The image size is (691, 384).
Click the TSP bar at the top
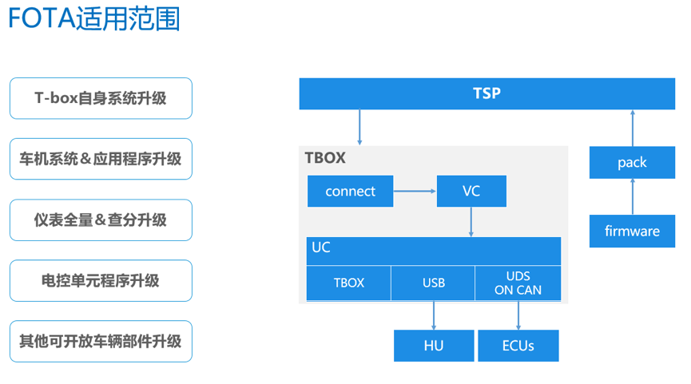pyautogui.click(x=487, y=93)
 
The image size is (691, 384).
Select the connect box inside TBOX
pyautogui.click(x=351, y=191)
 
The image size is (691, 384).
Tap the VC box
pyautogui.click(x=471, y=191)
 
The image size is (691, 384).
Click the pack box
pyautogui.click(x=633, y=163)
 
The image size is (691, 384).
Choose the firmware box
pyautogui.click(x=633, y=232)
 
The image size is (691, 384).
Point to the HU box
pyautogui.click(x=434, y=346)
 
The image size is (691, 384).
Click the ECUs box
pyautogui.click(x=518, y=346)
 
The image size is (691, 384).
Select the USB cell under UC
pyautogui.click(x=433, y=283)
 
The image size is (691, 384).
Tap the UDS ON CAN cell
pyautogui.click(x=518, y=283)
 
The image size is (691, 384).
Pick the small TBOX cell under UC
pyautogui.click(x=348, y=283)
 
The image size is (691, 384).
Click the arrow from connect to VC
pyautogui.click(x=415, y=191)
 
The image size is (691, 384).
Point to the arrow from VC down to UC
pyautogui.click(x=471, y=222)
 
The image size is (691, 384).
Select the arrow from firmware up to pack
pyautogui.click(x=633, y=196)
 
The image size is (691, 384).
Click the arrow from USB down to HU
pyautogui.click(x=434, y=315)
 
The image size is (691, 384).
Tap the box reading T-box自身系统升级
pyautogui.click(x=101, y=98)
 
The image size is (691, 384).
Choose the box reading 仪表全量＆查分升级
pyautogui.click(x=101, y=220)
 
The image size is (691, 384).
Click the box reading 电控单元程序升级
pyautogui.click(x=101, y=280)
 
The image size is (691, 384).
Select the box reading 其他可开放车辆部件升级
pyautogui.click(x=101, y=341)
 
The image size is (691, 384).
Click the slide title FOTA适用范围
pyautogui.click(x=94, y=18)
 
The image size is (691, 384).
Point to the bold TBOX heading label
pyautogui.click(x=325, y=157)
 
